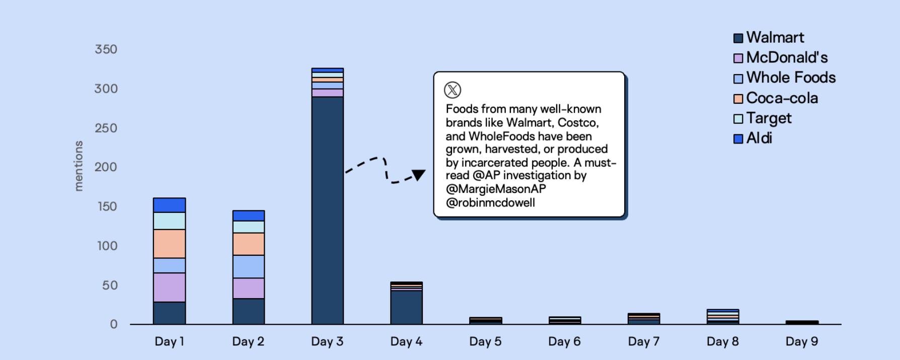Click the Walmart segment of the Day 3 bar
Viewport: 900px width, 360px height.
tap(328, 210)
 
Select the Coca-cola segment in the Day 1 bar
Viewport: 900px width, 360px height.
tap(170, 244)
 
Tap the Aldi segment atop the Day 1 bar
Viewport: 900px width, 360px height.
tap(170, 205)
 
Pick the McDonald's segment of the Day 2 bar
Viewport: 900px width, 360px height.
tap(249, 289)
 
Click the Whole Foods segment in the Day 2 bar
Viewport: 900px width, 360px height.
tap(249, 267)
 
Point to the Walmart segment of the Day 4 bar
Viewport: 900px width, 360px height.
tap(407, 308)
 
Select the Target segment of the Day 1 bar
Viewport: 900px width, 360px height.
tap(170, 221)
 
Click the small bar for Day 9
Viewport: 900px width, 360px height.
tap(802, 322)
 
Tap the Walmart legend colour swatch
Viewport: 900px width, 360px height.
tap(738, 38)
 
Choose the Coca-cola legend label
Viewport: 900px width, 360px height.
tap(782, 98)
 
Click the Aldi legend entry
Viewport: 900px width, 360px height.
tap(753, 138)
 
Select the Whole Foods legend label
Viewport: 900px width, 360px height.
tap(791, 78)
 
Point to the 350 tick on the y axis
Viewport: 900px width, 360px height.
tap(106, 49)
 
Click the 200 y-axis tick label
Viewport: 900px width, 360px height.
tap(106, 167)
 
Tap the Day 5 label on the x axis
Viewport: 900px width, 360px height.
tap(485, 341)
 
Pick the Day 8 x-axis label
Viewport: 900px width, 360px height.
tap(723, 341)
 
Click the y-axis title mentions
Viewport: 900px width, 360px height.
tap(79, 166)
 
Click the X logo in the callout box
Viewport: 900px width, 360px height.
tap(453, 90)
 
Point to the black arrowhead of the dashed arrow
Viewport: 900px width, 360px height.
tap(418, 175)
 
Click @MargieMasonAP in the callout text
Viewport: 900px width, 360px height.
tap(496, 189)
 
